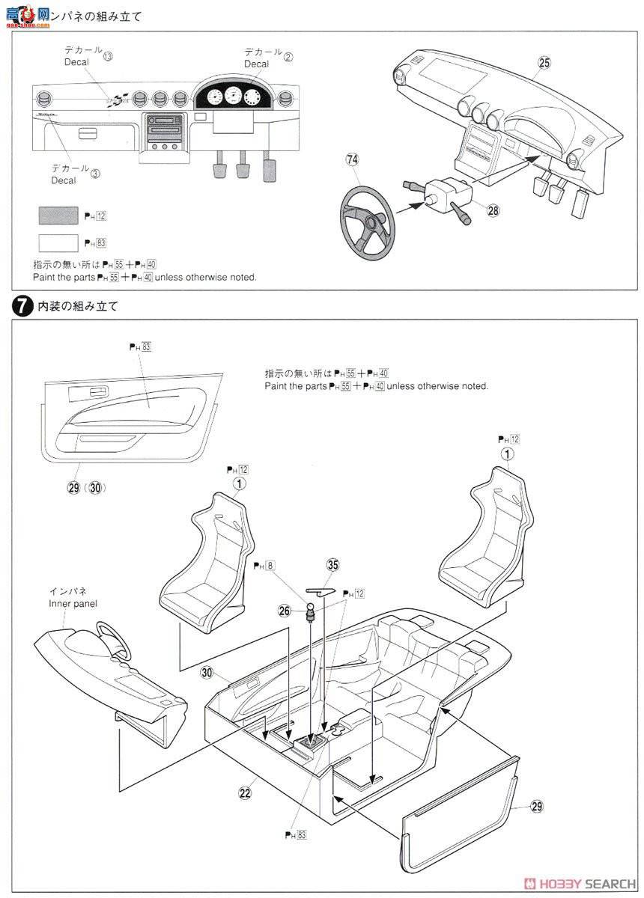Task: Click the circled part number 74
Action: (x=352, y=159)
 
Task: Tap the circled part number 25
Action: (x=544, y=63)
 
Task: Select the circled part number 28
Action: (x=493, y=211)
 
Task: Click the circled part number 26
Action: (x=284, y=611)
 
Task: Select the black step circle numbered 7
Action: (x=22, y=305)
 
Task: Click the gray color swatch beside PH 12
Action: (x=58, y=216)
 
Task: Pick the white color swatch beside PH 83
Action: (x=58, y=243)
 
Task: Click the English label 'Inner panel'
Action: (x=73, y=603)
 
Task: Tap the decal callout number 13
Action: (x=108, y=57)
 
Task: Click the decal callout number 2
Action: (x=288, y=56)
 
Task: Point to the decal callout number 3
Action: (x=95, y=174)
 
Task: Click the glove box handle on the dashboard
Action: (x=86, y=133)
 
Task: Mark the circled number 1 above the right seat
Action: (x=508, y=453)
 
